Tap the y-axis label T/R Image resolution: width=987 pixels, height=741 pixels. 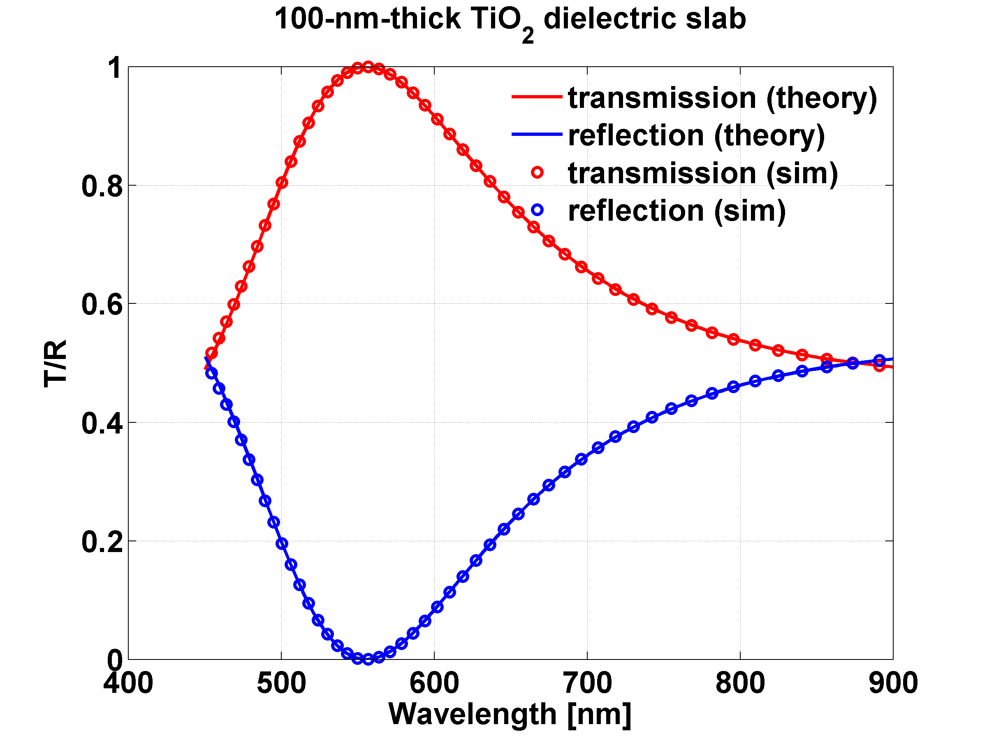pos(56,363)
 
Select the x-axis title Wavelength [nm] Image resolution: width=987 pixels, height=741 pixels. pos(510,714)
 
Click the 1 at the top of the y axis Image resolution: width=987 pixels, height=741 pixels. pos(115,68)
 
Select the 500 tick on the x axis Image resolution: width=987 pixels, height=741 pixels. pos(281,683)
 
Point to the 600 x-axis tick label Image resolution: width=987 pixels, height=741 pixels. pos(434,683)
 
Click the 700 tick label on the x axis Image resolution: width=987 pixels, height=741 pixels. pos(587,683)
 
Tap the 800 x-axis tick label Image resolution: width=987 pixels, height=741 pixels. pos(740,683)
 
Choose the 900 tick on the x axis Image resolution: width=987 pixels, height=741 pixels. pos(893,683)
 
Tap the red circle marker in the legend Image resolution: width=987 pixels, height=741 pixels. pos(537,173)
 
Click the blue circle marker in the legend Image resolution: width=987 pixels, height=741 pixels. pos(537,210)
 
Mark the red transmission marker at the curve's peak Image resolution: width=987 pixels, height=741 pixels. pos(368,68)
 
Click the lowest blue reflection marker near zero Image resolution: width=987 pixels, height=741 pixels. pos(368,659)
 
